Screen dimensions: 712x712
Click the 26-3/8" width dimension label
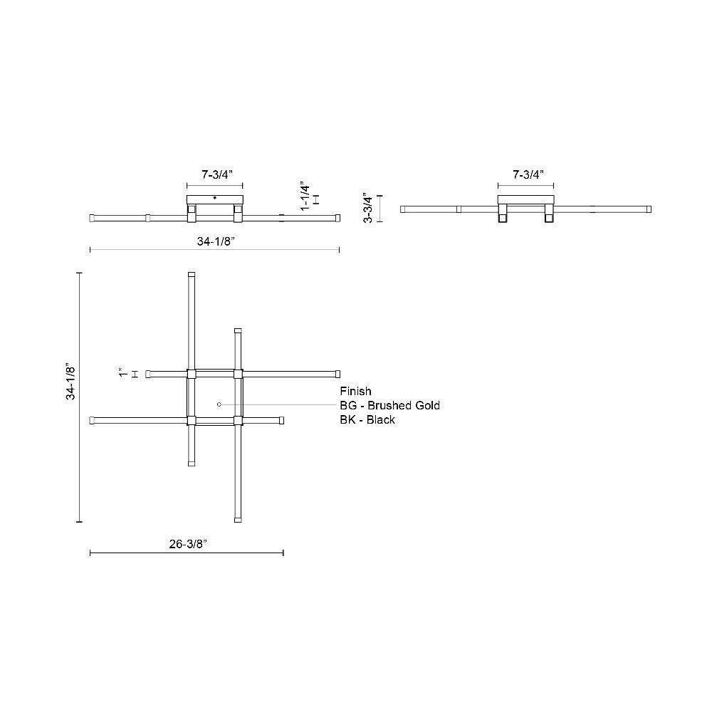(x=188, y=544)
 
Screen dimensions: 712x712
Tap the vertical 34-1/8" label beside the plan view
(x=70, y=382)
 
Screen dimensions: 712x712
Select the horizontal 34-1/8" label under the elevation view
(x=216, y=241)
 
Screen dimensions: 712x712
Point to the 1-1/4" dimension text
(x=305, y=197)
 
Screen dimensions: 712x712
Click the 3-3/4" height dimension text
(x=368, y=208)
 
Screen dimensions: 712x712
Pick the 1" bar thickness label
(x=122, y=373)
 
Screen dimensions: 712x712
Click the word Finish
(x=355, y=391)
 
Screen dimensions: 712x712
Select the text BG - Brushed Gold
(x=389, y=405)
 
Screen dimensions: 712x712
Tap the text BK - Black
(x=367, y=419)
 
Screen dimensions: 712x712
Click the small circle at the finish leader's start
(x=219, y=404)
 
